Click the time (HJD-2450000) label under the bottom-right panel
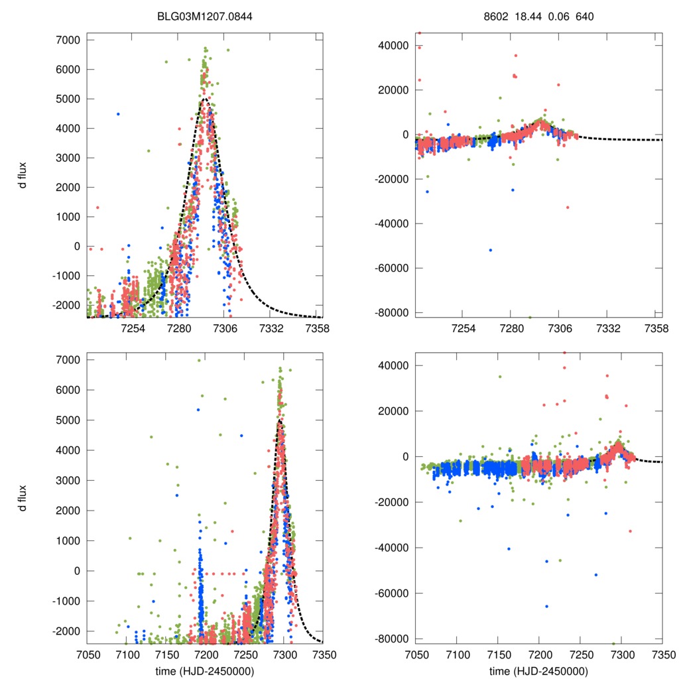538,671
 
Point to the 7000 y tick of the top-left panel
68,40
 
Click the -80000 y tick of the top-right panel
394,312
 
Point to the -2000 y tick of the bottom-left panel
66,631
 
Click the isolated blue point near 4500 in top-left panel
118,114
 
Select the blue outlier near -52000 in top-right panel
491,250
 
